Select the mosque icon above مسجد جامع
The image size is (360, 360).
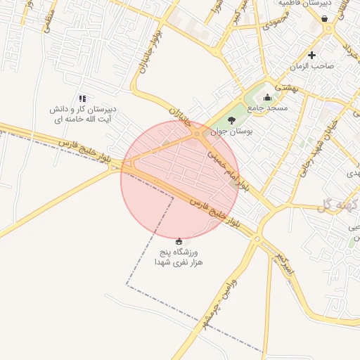coord(267,98)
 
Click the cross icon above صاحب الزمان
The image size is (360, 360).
coord(312,55)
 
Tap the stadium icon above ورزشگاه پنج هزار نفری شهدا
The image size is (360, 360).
coord(179,241)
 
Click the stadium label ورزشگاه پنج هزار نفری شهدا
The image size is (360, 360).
coord(179,257)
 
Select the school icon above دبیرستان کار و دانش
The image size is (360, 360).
coord(82,99)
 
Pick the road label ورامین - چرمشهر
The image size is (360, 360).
coord(214,310)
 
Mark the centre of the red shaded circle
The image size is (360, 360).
coord(180,179)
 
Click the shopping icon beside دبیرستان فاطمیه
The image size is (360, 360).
coord(325,18)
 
